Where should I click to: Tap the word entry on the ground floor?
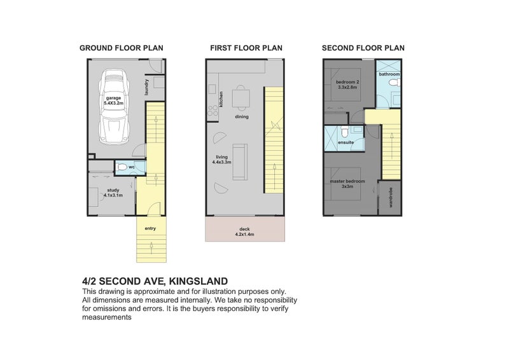tap(150, 229)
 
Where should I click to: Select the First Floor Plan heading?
tap(246, 48)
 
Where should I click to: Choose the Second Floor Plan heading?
tap(363, 48)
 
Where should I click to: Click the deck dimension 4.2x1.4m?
tap(245, 235)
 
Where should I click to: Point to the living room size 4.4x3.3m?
tap(221, 162)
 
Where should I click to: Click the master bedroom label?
tap(347, 181)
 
